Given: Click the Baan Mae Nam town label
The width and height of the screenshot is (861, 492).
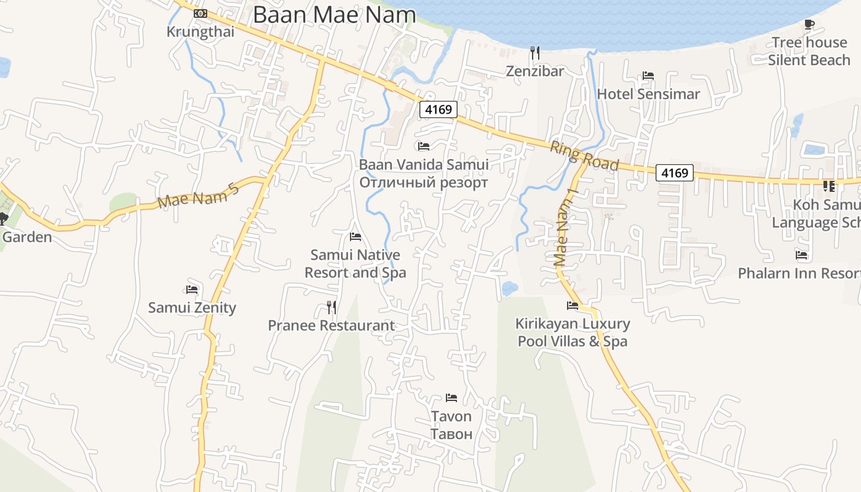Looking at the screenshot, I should tap(334, 15).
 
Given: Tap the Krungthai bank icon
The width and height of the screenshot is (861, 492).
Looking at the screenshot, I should tap(200, 14).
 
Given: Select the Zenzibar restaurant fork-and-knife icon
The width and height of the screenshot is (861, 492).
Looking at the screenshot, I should tap(535, 53).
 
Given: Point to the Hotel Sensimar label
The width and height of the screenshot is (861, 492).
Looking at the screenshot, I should tap(648, 94).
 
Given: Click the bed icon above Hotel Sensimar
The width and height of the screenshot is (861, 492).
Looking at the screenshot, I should tap(648, 76).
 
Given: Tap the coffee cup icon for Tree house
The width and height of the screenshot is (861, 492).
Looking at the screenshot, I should tap(809, 25).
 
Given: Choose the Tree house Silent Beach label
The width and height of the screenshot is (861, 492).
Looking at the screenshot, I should tap(809, 51).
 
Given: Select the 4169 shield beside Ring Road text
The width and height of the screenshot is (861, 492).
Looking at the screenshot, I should tap(674, 173).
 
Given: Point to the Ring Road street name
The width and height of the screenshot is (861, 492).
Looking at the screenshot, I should tap(584, 156).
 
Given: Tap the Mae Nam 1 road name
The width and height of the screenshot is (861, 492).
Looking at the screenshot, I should tap(565, 227).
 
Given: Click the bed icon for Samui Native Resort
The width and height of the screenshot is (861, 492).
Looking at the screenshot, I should tap(355, 236).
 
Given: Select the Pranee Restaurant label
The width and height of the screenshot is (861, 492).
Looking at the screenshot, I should tap(331, 325).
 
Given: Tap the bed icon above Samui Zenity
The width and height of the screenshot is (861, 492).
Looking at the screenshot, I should tap(192, 289).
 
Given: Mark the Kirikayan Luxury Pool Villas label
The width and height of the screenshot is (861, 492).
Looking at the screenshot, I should tap(573, 332).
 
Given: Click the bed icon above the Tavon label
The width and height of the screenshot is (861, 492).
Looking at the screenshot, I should tap(451, 398).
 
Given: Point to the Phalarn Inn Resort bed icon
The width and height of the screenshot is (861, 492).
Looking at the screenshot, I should tap(801, 255).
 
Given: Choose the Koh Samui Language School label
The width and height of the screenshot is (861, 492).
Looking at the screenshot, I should tap(816, 213).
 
